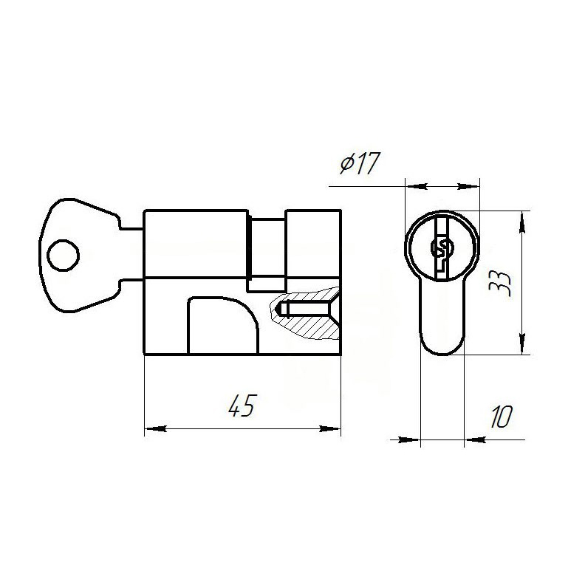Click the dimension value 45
coord(242,405)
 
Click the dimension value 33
coord(499,283)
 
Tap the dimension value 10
coord(501,417)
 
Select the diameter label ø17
coord(360,163)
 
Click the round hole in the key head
coord(63,256)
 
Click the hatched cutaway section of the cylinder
coord(305,312)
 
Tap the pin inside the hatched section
coord(302,309)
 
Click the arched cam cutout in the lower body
coord(223,325)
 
